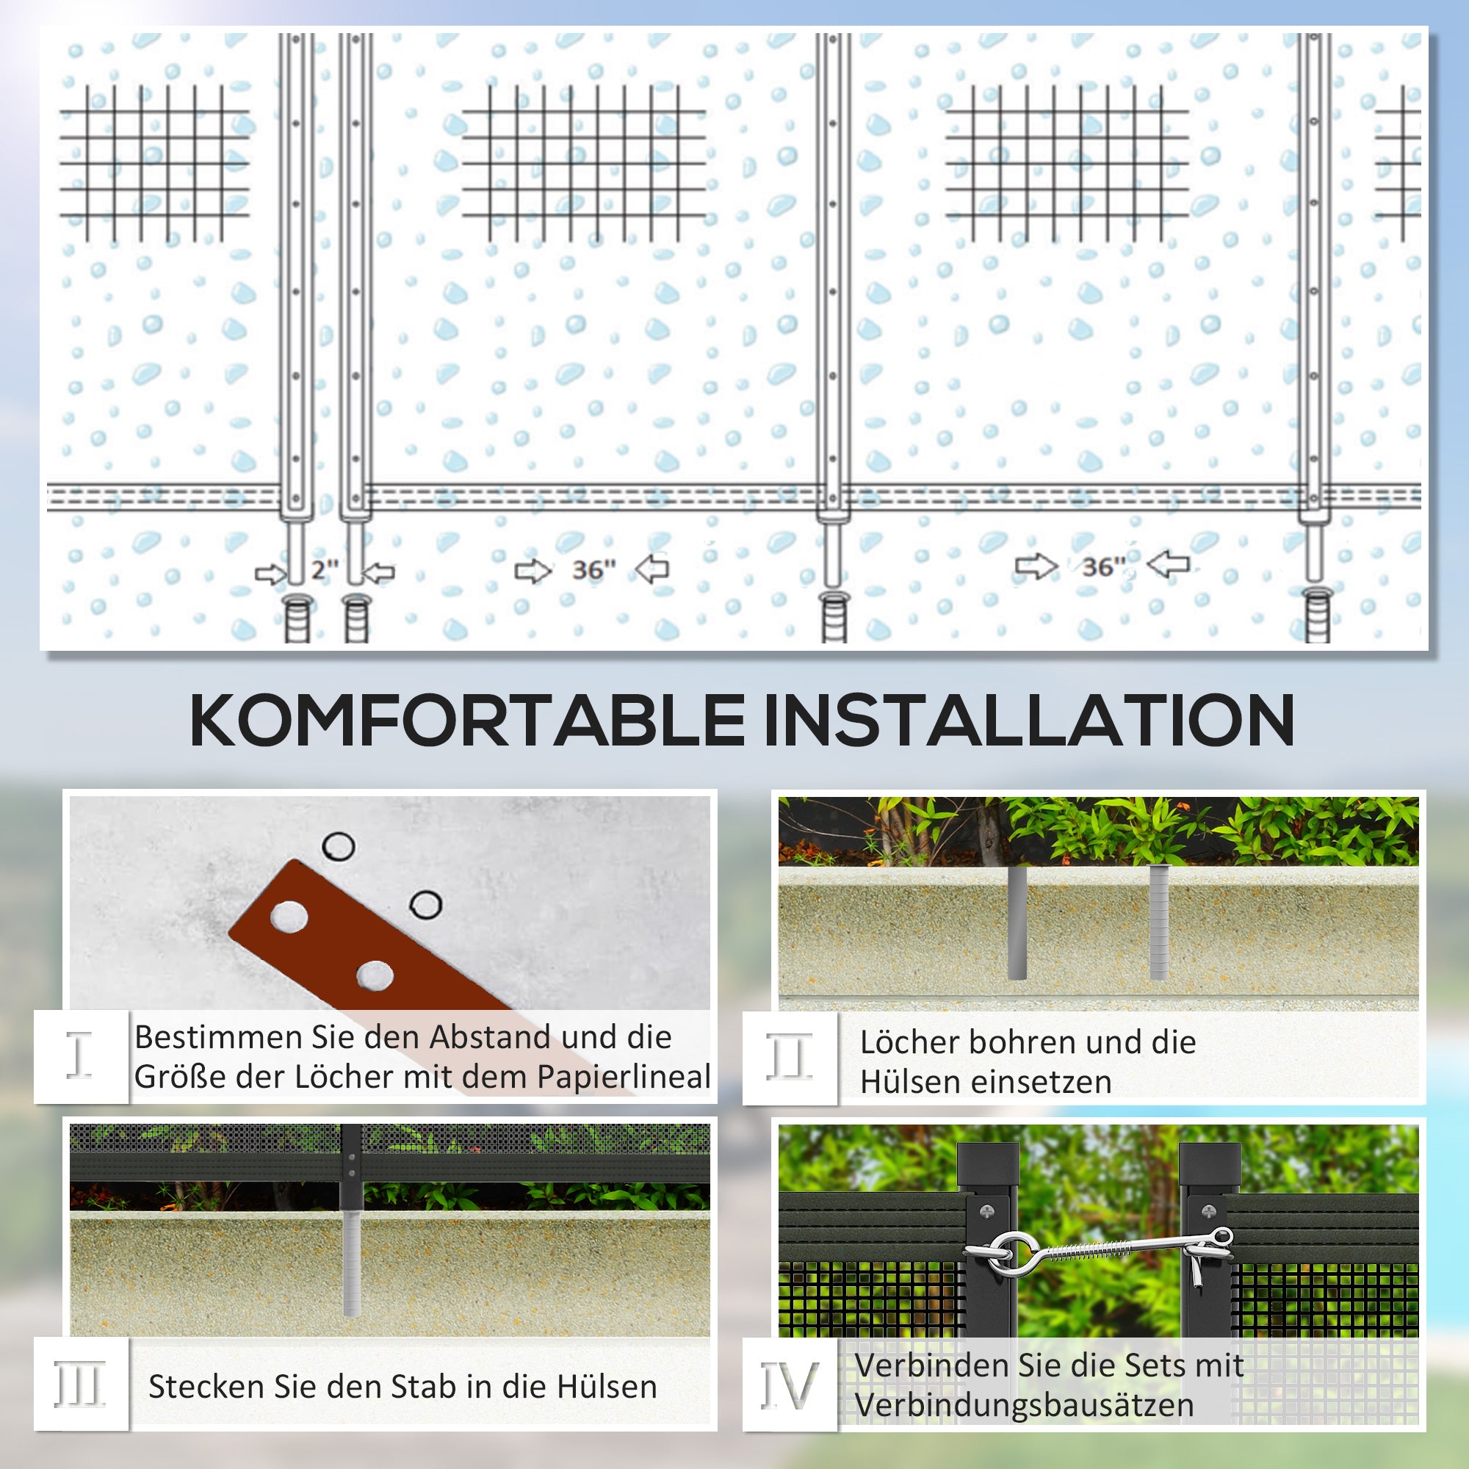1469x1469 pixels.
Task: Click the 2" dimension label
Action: point(325,569)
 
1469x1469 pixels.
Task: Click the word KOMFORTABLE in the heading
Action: point(467,720)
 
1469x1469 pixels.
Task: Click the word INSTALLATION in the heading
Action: point(1030,720)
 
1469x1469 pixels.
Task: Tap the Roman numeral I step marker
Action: point(79,1055)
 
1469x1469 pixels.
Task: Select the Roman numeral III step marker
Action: point(79,1384)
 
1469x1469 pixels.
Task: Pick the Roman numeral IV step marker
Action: point(790,1384)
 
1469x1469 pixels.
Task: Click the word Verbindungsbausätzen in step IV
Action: point(1024,1405)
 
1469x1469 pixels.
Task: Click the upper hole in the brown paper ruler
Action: point(289,917)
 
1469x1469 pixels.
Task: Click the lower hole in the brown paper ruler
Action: point(374,975)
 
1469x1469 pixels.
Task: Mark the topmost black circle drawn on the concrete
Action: point(339,845)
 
